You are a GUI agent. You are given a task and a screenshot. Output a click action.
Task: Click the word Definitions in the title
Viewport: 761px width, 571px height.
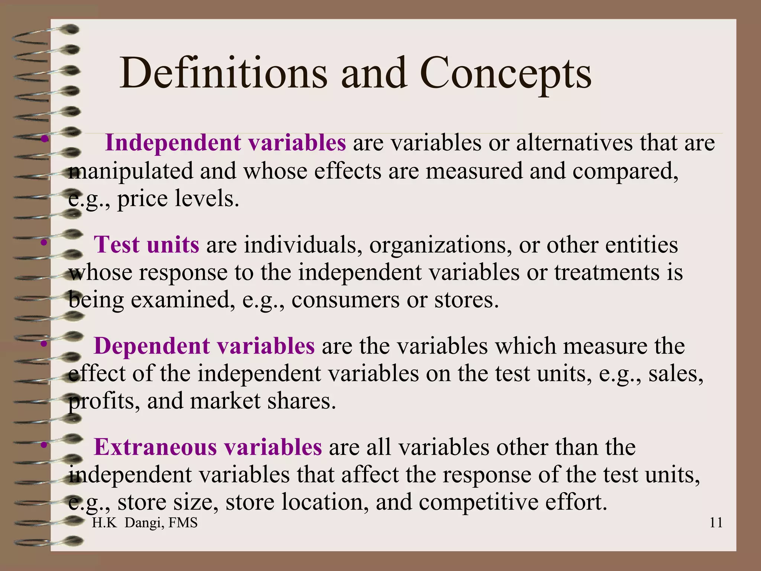tap(223, 73)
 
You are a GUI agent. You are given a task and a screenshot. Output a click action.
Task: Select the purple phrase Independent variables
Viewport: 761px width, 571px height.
tap(226, 142)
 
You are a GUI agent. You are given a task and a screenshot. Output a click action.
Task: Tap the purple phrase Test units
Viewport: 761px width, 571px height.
tap(146, 245)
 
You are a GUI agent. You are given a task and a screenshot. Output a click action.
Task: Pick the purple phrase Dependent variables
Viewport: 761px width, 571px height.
tap(204, 346)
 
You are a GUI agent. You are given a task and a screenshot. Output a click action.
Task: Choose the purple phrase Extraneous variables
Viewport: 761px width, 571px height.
tap(208, 447)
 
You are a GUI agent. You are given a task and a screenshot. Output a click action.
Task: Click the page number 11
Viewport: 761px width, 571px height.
tap(716, 523)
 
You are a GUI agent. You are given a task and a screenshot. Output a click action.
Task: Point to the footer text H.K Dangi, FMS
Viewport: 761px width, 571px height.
tap(145, 523)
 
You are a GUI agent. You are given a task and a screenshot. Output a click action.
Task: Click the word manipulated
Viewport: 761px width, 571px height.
tap(131, 171)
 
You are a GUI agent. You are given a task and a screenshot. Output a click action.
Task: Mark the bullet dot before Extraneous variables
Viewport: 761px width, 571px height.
tap(44, 445)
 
